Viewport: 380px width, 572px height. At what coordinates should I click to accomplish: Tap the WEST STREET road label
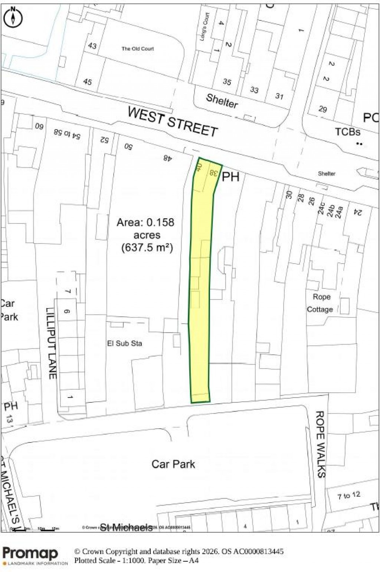[173, 121]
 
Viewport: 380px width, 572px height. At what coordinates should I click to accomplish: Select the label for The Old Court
[137, 49]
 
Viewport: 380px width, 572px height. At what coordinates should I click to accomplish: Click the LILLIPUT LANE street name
[52, 343]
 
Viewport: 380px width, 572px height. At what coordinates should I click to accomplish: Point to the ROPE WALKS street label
[320, 444]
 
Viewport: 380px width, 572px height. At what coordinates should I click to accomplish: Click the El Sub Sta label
[124, 344]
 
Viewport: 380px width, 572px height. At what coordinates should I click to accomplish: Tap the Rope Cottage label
[320, 303]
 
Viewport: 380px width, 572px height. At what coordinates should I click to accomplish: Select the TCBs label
[347, 132]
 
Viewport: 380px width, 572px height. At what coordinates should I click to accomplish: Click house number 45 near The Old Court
[88, 82]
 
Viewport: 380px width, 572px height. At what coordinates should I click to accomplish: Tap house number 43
[92, 46]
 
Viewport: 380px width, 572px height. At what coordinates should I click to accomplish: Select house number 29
[323, 109]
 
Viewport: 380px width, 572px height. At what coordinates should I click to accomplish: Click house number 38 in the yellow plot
[213, 173]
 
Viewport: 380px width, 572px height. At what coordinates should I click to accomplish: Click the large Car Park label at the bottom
[173, 464]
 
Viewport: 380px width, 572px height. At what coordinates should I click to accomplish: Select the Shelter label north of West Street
[222, 100]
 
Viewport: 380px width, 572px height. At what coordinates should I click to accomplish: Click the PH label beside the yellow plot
[230, 177]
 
